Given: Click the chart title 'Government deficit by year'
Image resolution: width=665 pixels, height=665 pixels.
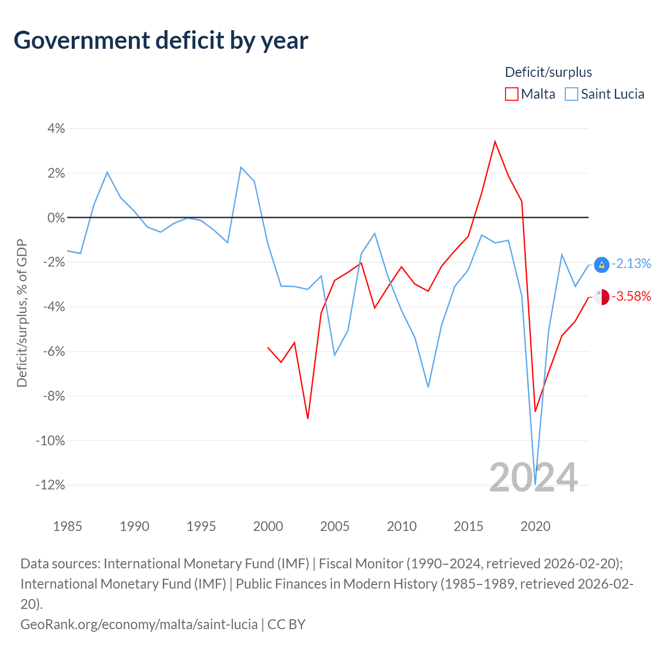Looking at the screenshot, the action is (161, 41).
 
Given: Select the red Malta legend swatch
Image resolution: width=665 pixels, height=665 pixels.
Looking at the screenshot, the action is (511, 94).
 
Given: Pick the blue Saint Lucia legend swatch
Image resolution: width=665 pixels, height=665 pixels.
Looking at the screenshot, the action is (571, 94).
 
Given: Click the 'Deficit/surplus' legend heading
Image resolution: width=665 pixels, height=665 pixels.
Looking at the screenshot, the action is (548, 72).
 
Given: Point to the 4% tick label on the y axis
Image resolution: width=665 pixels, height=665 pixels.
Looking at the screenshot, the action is (56, 129).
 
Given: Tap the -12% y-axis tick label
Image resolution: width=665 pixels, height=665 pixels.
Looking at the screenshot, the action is (50, 485).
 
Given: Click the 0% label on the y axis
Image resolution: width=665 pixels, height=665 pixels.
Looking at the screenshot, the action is (56, 218).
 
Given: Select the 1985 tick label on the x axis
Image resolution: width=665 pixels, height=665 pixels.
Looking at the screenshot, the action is (68, 526).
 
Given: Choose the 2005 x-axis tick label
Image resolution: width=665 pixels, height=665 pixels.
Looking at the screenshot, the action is (335, 526).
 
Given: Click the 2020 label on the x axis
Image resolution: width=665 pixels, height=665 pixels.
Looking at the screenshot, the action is (535, 526).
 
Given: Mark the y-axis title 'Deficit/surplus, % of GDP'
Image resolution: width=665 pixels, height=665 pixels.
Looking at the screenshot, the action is (22, 313).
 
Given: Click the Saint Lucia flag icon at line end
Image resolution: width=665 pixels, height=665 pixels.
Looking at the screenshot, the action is (602, 264).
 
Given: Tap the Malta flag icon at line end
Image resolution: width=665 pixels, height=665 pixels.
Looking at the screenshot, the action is (602, 297).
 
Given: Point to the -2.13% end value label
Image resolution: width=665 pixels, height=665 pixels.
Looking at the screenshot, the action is (631, 263).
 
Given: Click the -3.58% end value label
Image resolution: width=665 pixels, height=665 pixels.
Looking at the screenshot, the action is (631, 296).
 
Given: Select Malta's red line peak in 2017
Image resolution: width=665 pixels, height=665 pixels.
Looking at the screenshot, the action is (495, 141).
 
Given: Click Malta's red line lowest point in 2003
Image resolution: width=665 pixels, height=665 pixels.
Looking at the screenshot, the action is (308, 419).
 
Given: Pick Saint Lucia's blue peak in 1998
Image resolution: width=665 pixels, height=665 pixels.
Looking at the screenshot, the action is (241, 167).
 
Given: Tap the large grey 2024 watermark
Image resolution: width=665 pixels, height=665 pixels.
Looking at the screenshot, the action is (534, 478).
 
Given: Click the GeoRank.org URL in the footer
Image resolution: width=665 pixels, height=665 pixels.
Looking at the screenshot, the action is (139, 624).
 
